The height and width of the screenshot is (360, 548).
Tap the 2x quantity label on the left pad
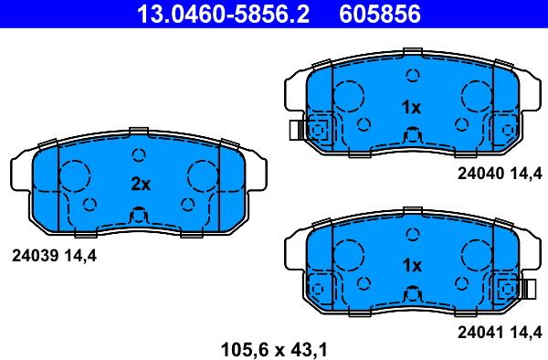(140, 184)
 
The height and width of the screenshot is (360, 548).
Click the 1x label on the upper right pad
(411, 108)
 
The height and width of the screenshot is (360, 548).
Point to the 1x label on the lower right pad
(411, 265)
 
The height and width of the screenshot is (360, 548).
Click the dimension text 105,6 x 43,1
(274, 347)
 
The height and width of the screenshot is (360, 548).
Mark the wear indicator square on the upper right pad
(320, 130)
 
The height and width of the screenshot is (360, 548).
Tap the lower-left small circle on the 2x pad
(90, 203)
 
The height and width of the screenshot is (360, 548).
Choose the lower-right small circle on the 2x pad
(187, 203)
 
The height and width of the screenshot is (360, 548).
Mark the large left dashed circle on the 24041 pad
(348, 253)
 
